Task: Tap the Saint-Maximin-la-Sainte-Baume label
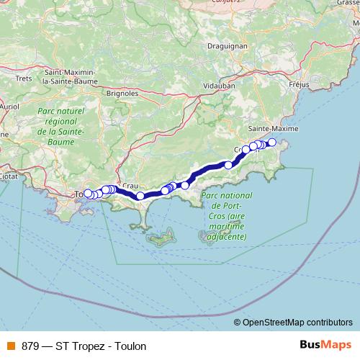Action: click(74, 77)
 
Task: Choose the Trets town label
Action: click(24, 78)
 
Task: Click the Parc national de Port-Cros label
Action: click(226, 215)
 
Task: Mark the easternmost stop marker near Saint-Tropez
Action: click(271, 143)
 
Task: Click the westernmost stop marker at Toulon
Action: click(87, 193)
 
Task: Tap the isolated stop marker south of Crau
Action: click(140, 195)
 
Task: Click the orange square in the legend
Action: click(10, 346)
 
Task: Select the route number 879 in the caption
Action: click(31, 346)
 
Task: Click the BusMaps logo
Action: click(325, 346)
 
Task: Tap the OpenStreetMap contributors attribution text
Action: click(297, 323)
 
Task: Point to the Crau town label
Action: click(130, 185)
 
